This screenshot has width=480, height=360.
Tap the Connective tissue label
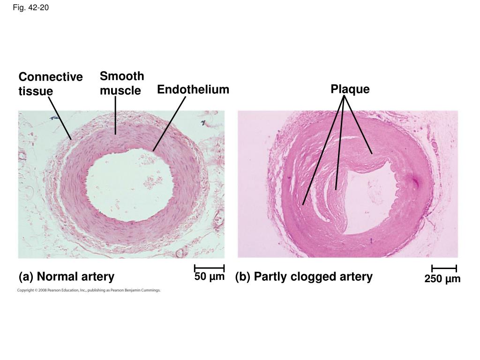coord(50,83)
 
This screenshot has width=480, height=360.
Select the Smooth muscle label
coord(121,83)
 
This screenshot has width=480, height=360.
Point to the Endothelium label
coord(193,89)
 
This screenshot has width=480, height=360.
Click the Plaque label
coord(350,89)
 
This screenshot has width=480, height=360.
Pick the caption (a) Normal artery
coord(67,277)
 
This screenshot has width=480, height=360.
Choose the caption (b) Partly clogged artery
coord(304,277)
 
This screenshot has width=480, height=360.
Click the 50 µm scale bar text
coord(210,277)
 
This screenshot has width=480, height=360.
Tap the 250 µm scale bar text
coord(442,279)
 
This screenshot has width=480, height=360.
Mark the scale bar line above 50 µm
coord(210,268)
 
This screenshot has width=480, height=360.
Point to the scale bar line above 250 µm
coord(444,269)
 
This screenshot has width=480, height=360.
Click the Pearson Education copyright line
coord(89,291)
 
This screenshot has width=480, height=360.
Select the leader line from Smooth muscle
coord(115,115)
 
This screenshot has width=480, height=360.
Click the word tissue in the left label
coord(36,90)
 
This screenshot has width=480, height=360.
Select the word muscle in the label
coord(120,90)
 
